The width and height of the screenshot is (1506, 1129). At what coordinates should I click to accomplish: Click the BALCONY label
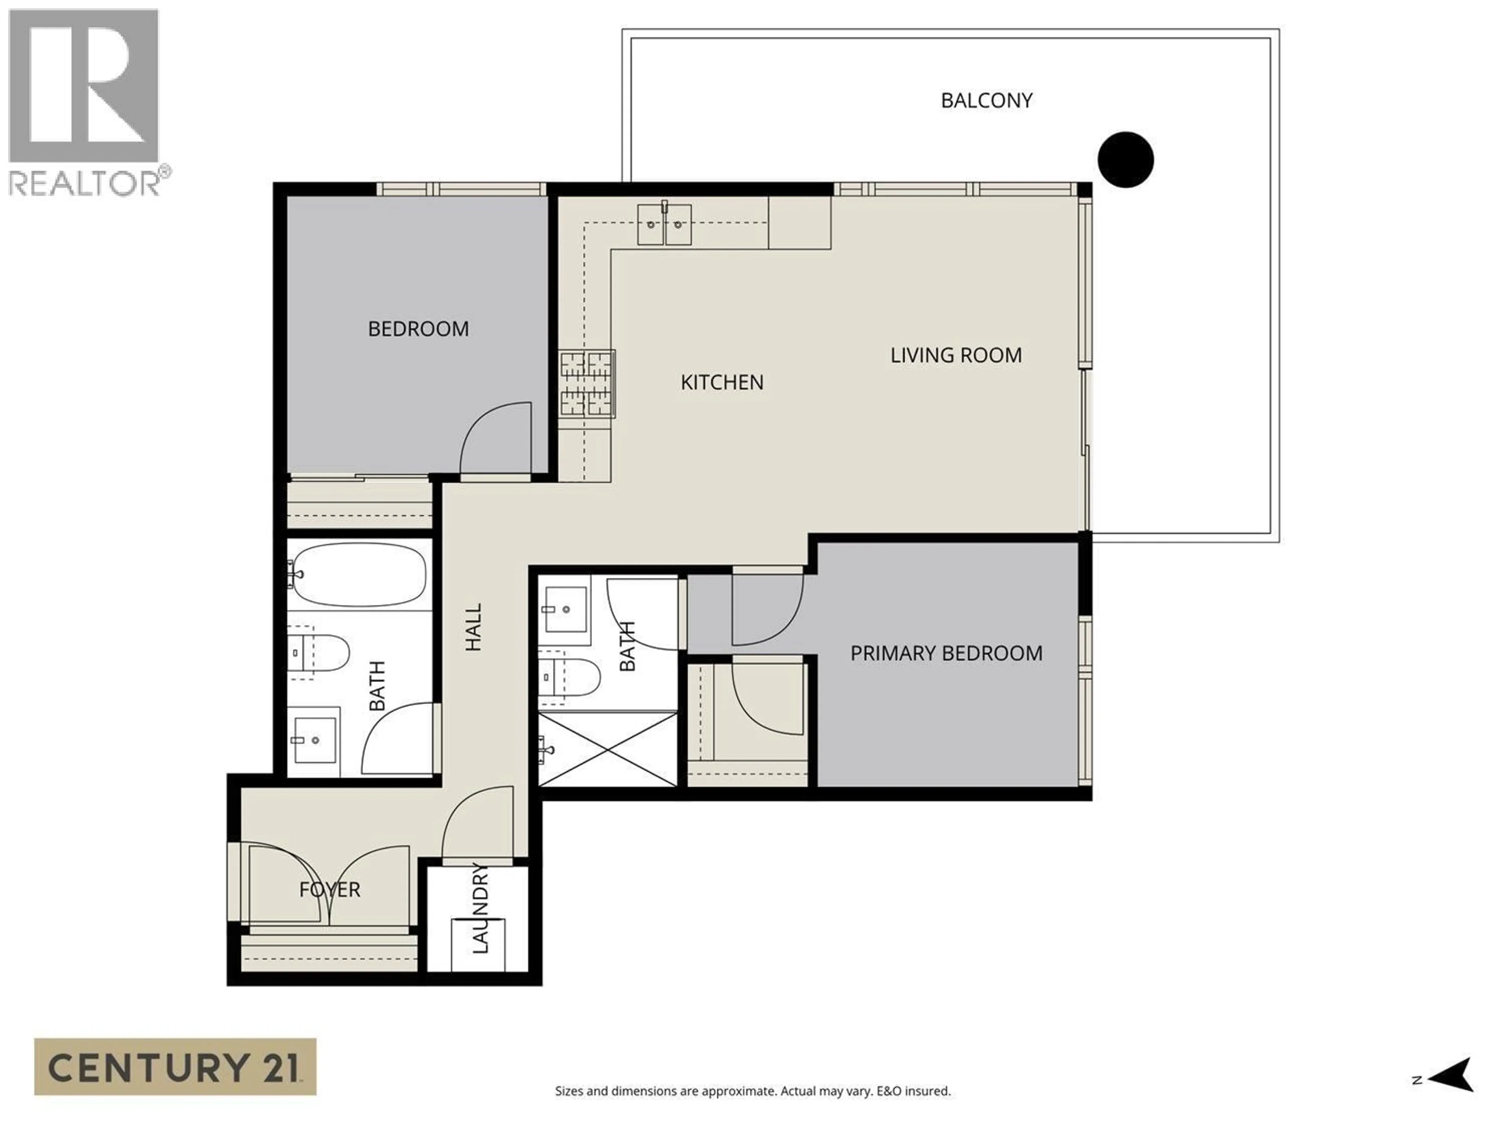(986, 101)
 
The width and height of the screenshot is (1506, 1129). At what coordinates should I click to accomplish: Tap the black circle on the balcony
(1126, 159)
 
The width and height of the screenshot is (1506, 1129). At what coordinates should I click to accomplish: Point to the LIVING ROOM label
(956, 355)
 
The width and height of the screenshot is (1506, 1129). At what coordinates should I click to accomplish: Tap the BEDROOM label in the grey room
(418, 329)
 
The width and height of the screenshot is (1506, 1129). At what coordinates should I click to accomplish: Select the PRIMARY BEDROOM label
(946, 653)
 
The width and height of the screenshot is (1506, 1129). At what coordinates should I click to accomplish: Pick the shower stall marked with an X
(607, 749)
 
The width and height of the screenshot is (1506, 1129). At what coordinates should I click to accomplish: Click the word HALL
(473, 627)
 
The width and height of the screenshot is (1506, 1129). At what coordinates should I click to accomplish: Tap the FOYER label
(329, 889)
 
